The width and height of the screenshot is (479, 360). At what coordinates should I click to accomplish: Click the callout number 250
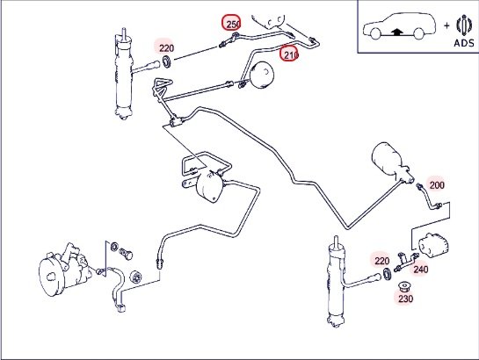click(233, 24)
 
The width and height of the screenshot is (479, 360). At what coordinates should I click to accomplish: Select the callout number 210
click(290, 54)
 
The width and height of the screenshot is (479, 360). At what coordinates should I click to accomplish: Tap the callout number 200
click(437, 185)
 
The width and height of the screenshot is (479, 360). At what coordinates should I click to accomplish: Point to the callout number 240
click(421, 269)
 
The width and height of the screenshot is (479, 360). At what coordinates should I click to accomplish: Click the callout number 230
click(405, 299)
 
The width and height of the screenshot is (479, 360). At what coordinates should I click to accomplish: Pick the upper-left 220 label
click(166, 48)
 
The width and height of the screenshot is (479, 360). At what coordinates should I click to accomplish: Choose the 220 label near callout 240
click(381, 261)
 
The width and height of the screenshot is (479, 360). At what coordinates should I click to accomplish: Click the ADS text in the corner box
click(464, 43)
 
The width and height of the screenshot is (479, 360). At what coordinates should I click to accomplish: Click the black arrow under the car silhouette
click(396, 32)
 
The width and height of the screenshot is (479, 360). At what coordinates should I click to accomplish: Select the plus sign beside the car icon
click(446, 25)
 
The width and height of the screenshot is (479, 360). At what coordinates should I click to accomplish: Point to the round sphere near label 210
click(262, 75)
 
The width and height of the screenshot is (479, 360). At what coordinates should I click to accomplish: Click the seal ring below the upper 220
click(167, 61)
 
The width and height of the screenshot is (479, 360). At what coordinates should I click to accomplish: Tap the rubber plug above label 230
click(405, 287)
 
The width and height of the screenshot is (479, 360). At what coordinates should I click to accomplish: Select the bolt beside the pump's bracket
click(126, 253)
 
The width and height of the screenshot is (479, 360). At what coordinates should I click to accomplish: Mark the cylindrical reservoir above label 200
click(392, 162)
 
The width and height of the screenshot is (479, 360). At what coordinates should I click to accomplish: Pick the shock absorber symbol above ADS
click(464, 25)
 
